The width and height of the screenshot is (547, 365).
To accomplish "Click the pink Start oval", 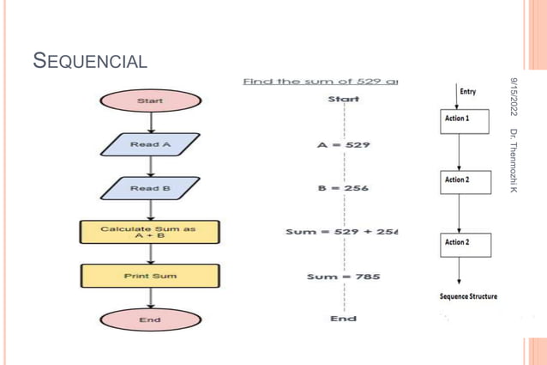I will click(150, 101).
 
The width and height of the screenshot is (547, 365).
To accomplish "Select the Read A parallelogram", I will click(150, 144).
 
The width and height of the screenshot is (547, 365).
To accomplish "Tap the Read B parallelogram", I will click(150, 188).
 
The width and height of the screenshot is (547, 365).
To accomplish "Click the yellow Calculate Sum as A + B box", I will click(150, 232).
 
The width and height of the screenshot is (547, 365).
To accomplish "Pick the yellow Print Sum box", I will click(150, 277).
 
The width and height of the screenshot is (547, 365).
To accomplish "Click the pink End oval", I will click(150, 319).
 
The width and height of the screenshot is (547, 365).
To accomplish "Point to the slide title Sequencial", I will click(89, 61).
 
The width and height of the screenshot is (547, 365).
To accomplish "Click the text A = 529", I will click(343, 145).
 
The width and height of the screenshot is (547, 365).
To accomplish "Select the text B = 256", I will click(343, 188).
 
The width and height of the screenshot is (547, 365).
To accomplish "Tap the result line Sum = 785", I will click(343, 277).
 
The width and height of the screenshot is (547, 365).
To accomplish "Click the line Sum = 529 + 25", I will click(343, 232).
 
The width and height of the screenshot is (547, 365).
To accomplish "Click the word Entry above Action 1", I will click(469, 92).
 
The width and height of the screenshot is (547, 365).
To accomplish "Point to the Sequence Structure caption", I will click(468, 296).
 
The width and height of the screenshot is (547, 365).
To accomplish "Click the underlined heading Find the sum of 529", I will click(322, 82).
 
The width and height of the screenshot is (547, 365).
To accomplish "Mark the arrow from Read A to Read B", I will click(151, 167).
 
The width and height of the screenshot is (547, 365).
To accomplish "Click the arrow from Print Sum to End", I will click(151, 298).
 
